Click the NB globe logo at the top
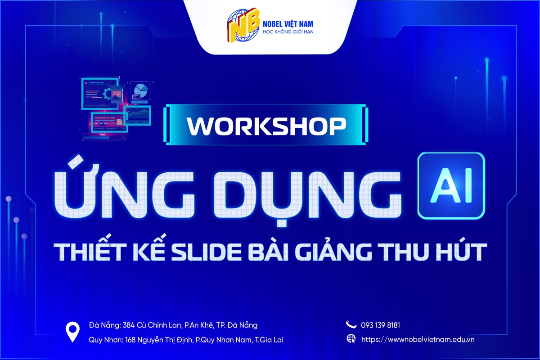243,25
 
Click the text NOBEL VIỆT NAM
288,24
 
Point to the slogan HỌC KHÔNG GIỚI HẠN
288,32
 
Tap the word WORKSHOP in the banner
266,126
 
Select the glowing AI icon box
451,186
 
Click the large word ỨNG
124,190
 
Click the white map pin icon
72,332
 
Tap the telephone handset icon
351,324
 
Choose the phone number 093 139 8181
380,325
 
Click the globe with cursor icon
351,339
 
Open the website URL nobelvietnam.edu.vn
418,339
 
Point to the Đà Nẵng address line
173,325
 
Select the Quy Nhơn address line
186,340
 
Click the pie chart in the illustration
140,90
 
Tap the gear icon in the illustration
107,94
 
